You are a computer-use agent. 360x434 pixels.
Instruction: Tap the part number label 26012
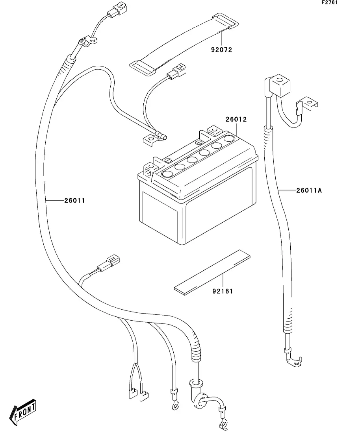point(236,119)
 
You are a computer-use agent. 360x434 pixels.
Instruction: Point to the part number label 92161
point(223,292)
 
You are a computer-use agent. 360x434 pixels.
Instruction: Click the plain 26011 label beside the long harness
point(75,200)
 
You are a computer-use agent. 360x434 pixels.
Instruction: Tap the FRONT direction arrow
point(24,414)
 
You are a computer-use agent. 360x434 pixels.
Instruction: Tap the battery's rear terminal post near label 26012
point(213,130)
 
